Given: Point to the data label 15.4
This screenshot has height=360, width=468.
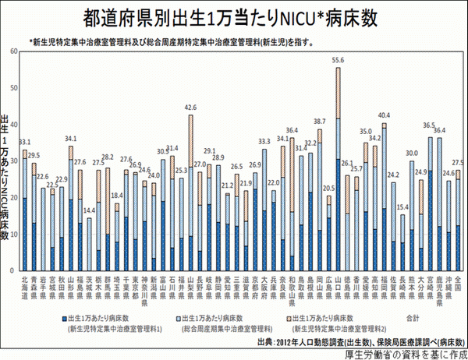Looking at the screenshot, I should [x=402, y=207].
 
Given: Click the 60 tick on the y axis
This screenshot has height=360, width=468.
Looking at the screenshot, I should [x=14, y=51].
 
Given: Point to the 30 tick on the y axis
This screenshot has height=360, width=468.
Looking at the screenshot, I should [x=14, y=160].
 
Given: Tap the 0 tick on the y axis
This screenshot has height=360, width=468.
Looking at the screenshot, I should [x=16, y=269].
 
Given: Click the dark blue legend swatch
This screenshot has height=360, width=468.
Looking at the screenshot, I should [x=63, y=318].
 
